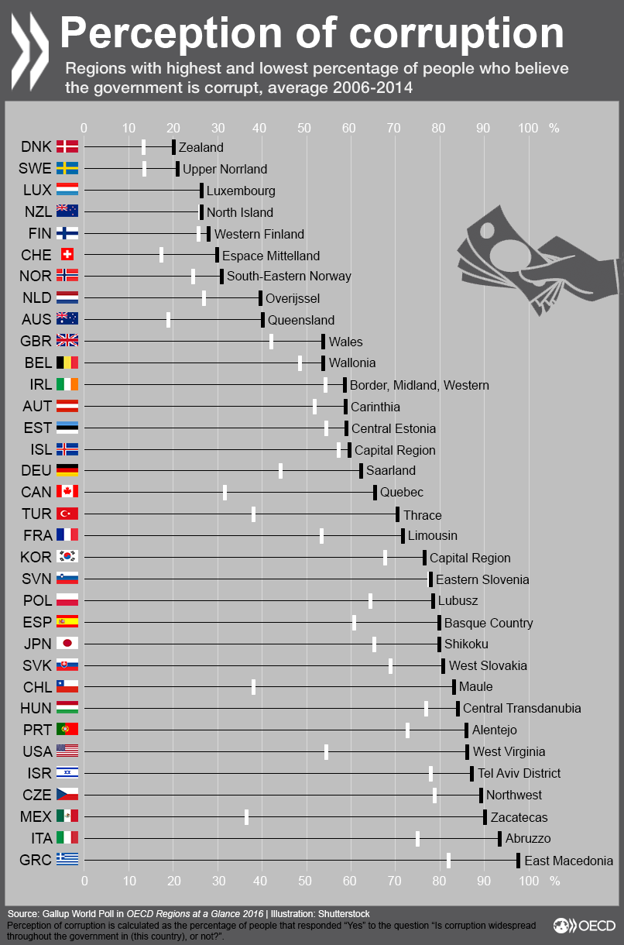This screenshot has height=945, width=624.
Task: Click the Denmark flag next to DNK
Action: tap(67, 147)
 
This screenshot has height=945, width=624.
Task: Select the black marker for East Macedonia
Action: tap(518, 860)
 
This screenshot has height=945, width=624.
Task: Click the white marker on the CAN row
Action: tap(225, 492)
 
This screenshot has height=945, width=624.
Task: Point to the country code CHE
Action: tap(36, 255)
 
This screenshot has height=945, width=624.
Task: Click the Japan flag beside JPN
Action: tap(67, 643)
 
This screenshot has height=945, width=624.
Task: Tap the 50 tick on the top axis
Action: tap(307, 128)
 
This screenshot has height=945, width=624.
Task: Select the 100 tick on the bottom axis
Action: tap(529, 880)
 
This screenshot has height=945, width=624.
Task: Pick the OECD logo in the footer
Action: tap(585, 925)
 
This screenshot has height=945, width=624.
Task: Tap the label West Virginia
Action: tap(509, 751)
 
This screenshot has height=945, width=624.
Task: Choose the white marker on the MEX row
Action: tap(246, 816)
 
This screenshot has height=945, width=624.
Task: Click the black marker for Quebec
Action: tap(375, 492)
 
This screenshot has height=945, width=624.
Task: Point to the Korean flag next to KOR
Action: tap(67, 556)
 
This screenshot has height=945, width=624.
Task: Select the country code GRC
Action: tap(36, 860)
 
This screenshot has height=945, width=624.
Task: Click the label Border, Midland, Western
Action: tap(419, 385)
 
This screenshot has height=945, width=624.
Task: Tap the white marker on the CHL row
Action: tap(253, 686)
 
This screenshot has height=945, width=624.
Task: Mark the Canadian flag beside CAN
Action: tap(67, 492)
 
